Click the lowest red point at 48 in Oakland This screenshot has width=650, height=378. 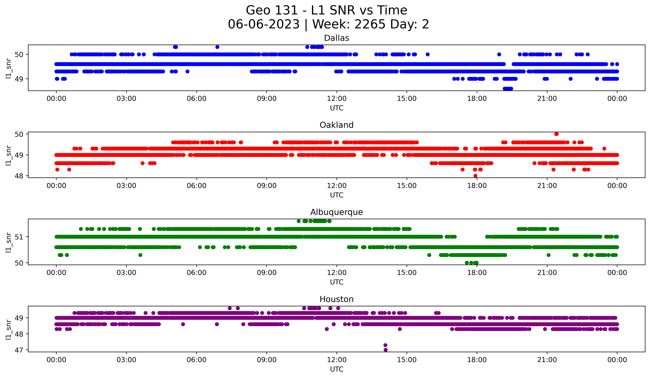475,176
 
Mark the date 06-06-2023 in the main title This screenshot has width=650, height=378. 264,24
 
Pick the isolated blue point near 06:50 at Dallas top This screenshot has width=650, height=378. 217,47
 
